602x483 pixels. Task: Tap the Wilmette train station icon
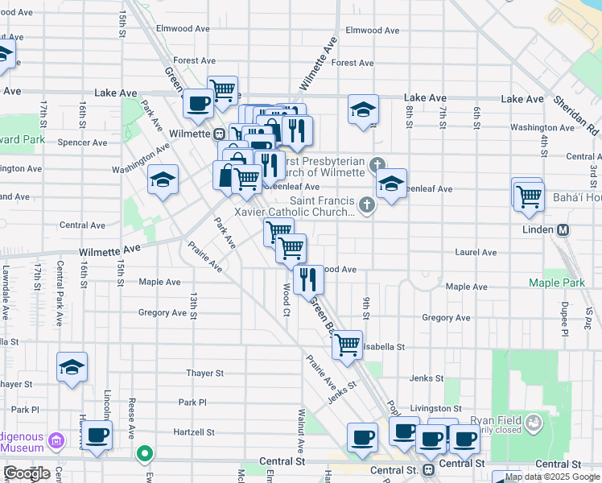point(218,134)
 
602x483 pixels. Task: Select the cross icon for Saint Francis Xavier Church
point(367,204)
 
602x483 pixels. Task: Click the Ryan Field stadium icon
point(533,422)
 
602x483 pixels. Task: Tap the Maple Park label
point(557,283)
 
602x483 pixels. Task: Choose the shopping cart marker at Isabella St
point(347,345)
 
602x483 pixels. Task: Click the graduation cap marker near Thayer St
point(72,366)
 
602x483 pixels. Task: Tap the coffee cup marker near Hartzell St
point(97,436)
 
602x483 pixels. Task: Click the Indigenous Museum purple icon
point(56,440)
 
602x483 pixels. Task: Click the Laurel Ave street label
point(476,252)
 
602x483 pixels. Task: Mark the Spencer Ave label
point(83,142)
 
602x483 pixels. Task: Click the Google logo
point(27,473)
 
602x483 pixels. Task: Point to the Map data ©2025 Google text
point(553,477)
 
